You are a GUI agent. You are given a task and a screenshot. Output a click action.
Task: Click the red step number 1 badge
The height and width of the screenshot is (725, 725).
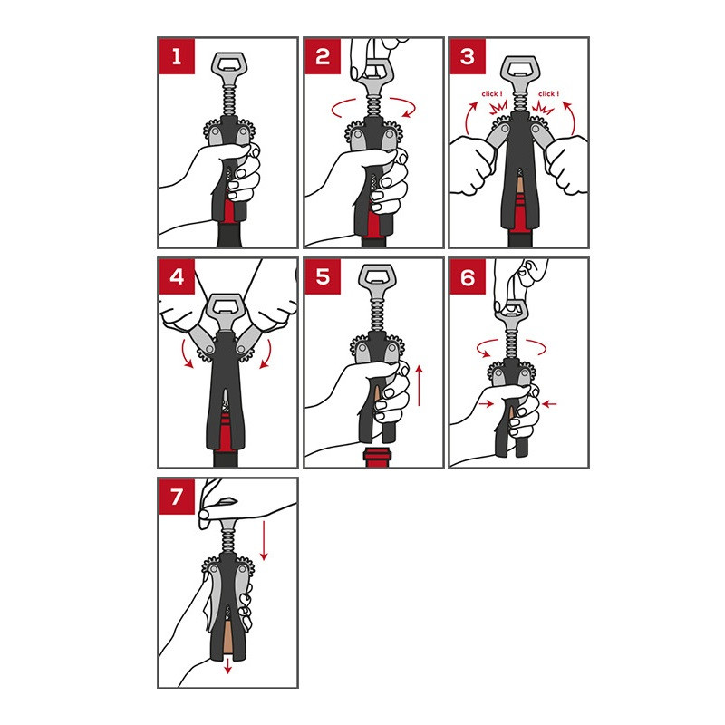click(x=177, y=56)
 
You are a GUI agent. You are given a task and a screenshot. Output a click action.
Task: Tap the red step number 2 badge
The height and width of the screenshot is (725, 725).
click(x=323, y=56)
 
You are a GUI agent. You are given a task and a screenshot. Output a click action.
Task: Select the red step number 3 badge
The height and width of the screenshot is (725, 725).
click(x=468, y=56)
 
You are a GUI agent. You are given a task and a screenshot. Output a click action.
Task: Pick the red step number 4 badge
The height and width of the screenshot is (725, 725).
click(x=177, y=276)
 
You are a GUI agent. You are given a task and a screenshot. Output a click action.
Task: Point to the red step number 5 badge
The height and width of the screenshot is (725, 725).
click(x=323, y=276)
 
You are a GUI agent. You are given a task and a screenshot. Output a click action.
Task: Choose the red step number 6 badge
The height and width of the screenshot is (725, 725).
click(x=468, y=276)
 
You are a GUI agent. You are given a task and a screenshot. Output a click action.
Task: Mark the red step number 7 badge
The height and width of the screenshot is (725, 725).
click(x=177, y=497)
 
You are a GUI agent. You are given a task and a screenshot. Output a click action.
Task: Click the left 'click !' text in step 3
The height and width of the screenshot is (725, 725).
click(x=492, y=94)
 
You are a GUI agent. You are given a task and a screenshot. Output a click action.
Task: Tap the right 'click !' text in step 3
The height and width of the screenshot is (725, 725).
click(x=548, y=94)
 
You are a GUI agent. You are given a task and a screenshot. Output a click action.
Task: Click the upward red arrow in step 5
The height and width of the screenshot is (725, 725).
click(x=419, y=386)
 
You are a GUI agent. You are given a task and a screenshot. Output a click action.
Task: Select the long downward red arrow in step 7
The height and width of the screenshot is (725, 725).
click(x=264, y=540)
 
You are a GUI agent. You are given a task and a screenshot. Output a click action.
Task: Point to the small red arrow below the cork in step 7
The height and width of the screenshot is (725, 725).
click(x=227, y=665)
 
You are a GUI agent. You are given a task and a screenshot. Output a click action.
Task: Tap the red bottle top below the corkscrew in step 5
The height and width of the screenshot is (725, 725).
click(x=377, y=458)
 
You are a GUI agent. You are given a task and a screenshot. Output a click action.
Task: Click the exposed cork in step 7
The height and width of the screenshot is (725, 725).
click(x=227, y=637)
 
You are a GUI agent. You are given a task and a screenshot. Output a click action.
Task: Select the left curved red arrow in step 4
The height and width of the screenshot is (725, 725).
click(x=186, y=354)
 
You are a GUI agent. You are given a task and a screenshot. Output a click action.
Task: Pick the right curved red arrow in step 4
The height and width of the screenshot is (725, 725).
click(x=266, y=354)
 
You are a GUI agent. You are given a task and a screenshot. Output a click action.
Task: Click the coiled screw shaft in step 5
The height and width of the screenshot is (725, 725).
click(x=376, y=314)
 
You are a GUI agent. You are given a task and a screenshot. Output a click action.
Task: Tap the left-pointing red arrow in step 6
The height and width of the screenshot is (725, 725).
click(x=549, y=403)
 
